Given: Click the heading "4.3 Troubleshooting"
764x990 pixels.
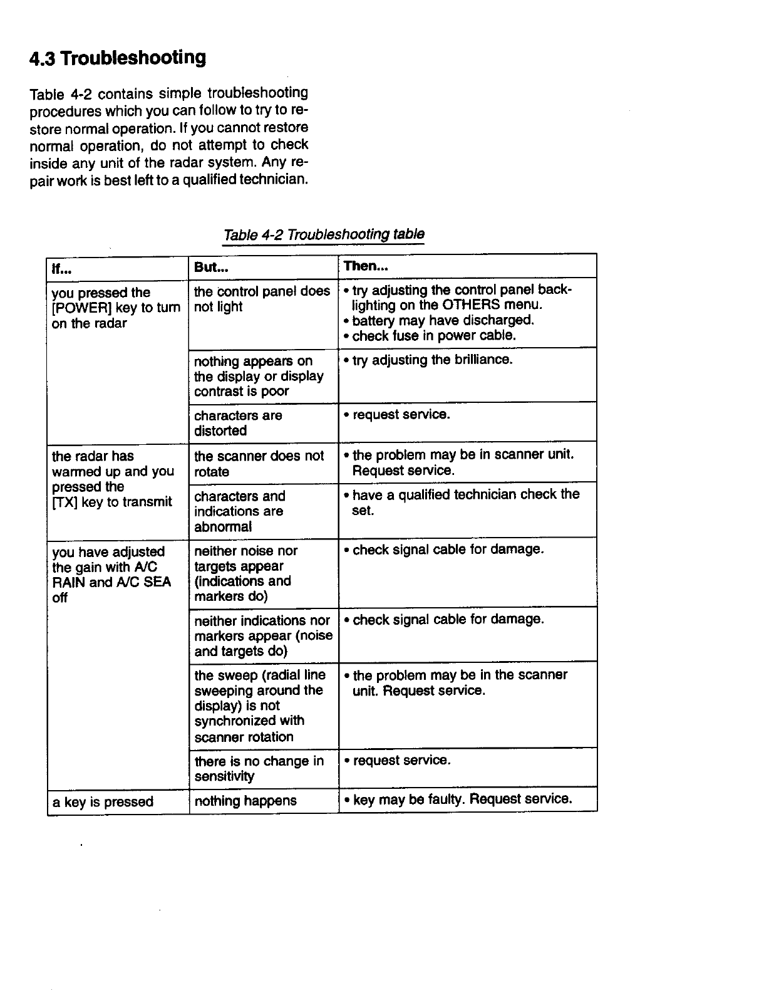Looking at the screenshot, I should (118, 58).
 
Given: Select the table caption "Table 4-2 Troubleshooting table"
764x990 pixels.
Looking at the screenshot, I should (324, 235).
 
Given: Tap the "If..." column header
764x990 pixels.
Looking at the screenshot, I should (61, 268).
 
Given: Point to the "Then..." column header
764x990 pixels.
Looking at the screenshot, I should (366, 266).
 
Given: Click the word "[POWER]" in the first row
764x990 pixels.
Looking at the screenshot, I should (76, 308).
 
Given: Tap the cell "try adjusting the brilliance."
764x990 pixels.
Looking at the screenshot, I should (432, 360).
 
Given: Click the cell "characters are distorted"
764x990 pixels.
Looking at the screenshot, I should (238, 423).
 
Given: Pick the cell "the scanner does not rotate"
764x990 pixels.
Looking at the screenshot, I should (259, 464).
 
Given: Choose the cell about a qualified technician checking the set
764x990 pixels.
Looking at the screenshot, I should (465, 503).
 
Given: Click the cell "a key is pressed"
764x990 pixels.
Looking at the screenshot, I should (103, 802).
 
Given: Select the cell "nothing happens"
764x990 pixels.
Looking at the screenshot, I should (245, 801).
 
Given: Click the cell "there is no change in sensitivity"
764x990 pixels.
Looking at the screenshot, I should (259, 769).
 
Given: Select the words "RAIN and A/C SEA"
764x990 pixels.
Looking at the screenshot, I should (111, 583).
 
